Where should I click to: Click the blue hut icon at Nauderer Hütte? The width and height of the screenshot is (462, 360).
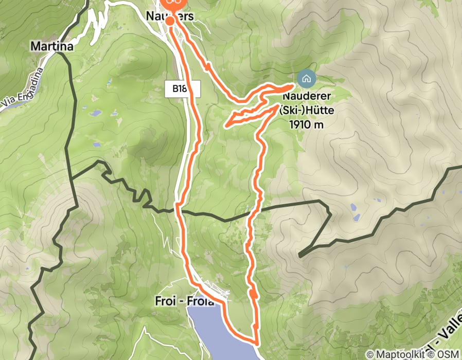tap(306, 79)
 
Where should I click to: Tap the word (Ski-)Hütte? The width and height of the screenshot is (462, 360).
tap(305, 110)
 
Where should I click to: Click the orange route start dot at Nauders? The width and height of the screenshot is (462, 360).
tap(169, 21)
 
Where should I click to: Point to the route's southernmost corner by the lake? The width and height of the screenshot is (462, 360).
tap(257, 341)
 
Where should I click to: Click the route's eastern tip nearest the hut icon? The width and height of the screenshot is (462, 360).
tap(295, 84)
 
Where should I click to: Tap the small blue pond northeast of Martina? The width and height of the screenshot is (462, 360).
tap(110, 83)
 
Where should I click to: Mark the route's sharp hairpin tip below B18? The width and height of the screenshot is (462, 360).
tap(226, 124)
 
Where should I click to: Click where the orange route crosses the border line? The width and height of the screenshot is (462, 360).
tap(178, 208)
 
